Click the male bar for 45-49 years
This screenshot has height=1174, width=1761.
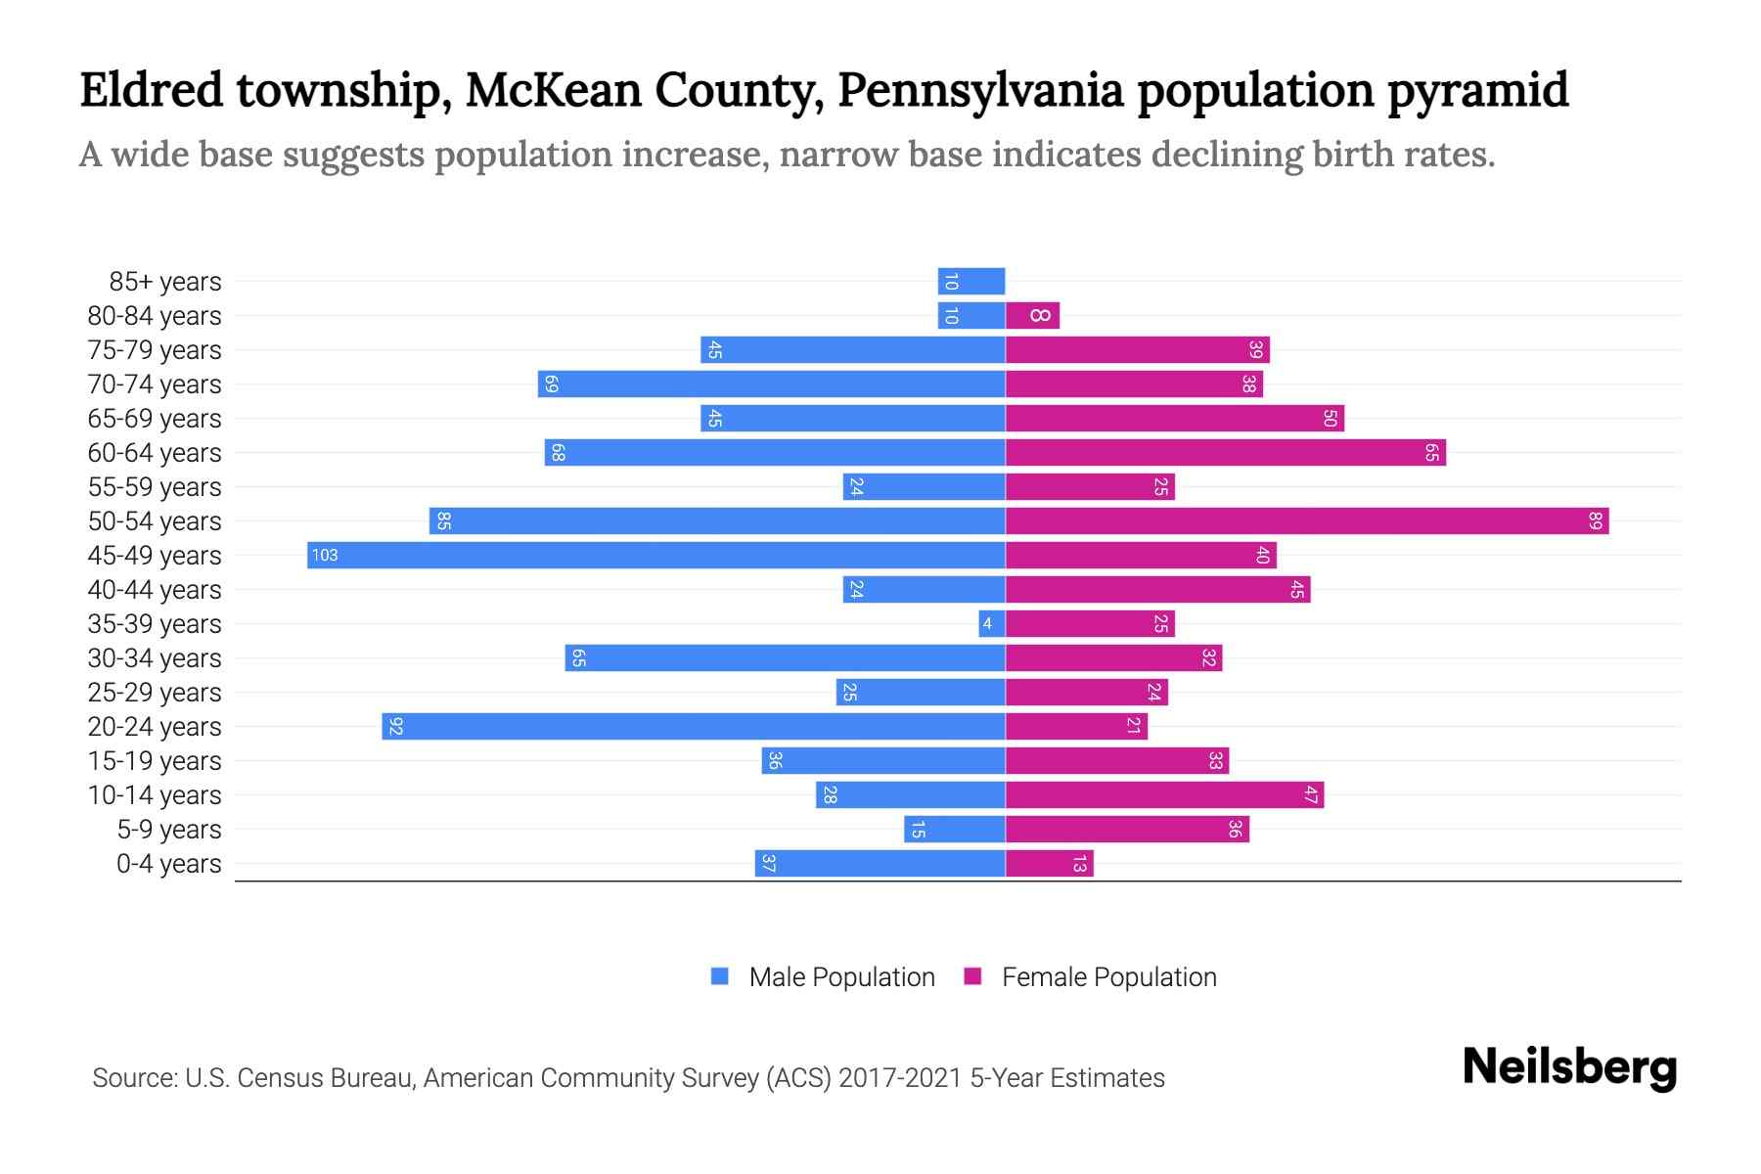pyautogui.click(x=655, y=555)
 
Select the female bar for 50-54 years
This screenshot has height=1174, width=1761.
pyautogui.click(x=1306, y=520)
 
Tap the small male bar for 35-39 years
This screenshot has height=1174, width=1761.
pyautogui.click(x=992, y=623)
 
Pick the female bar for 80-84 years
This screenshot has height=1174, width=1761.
pyautogui.click(x=1032, y=315)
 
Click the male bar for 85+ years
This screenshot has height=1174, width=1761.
pyautogui.click(x=971, y=281)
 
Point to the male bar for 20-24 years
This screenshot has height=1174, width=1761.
pyautogui.click(x=693, y=726)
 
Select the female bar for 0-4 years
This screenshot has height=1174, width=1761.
pyautogui.click(x=1049, y=863)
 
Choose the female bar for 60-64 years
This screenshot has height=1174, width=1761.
pyautogui.click(x=1225, y=452)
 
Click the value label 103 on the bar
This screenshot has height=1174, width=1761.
pyautogui.click(x=324, y=555)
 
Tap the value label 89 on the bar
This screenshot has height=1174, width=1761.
pyautogui.click(x=1595, y=520)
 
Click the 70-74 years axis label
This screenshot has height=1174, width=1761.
pyautogui.click(x=155, y=384)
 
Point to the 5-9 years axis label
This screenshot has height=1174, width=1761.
pyautogui.click(x=168, y=830)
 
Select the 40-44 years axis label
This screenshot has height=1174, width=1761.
pyautogui.click(x=155, y=590)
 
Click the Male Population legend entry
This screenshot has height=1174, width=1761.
pyautogui.click(x=841, y=976)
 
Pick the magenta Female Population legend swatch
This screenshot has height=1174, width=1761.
pyautogui.click(x=972, y=975)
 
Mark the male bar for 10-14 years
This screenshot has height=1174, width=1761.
pyautogui.click(x=910, y=794)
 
